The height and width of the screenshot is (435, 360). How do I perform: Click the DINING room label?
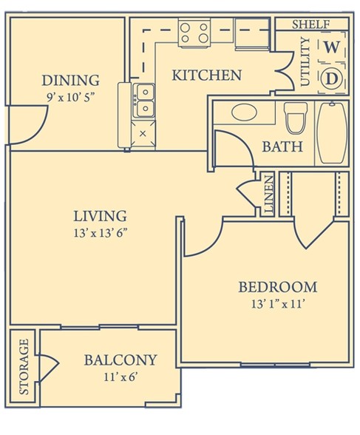[70, 80]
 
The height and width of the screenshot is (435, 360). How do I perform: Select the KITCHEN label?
[207, 75]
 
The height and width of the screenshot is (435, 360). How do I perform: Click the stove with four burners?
[194, 33]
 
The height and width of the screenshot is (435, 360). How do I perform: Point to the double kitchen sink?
[143, 101]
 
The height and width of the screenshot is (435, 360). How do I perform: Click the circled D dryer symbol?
[331, 78]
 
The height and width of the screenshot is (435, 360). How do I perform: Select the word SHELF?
[311, 24]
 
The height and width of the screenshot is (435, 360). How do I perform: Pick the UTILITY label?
[305, 62]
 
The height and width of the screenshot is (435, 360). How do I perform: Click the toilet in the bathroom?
[296, 118]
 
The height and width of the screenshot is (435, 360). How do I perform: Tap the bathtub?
[332, 132]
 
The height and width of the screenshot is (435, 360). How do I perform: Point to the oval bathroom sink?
[244, 112]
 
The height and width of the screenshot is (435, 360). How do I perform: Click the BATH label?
[282, 146]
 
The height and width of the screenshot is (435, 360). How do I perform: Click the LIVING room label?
[100, 216]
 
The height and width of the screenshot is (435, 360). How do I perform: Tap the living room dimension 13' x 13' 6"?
[101, 233]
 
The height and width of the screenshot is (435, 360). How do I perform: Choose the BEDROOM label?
[278, 287]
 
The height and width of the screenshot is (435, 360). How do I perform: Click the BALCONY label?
[120, 360]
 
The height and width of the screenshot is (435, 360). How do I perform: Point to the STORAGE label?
[24, 366]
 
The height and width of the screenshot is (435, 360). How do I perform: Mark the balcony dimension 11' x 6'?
[120, 377]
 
